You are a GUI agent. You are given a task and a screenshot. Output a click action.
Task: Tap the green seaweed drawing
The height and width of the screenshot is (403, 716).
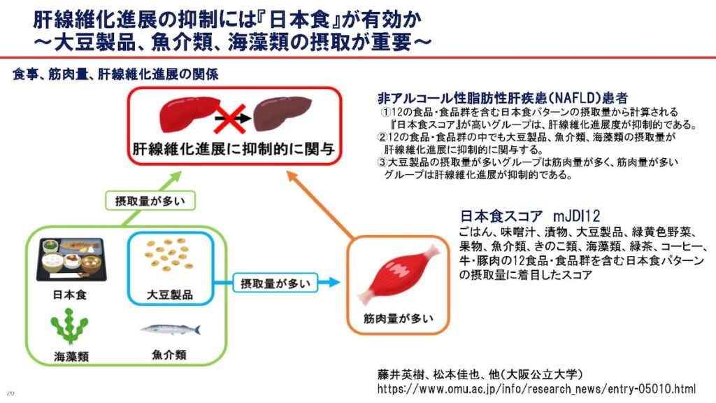[70, 327]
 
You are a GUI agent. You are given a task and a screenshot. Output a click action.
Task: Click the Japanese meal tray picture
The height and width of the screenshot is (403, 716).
[70, 260]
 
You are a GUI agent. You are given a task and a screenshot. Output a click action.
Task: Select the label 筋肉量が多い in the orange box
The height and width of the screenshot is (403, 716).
[397, 318]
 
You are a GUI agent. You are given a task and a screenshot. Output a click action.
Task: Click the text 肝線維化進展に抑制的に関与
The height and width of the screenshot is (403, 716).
[234, 148]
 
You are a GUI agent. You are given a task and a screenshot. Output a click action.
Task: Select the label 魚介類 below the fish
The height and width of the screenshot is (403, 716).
[170, 354]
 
